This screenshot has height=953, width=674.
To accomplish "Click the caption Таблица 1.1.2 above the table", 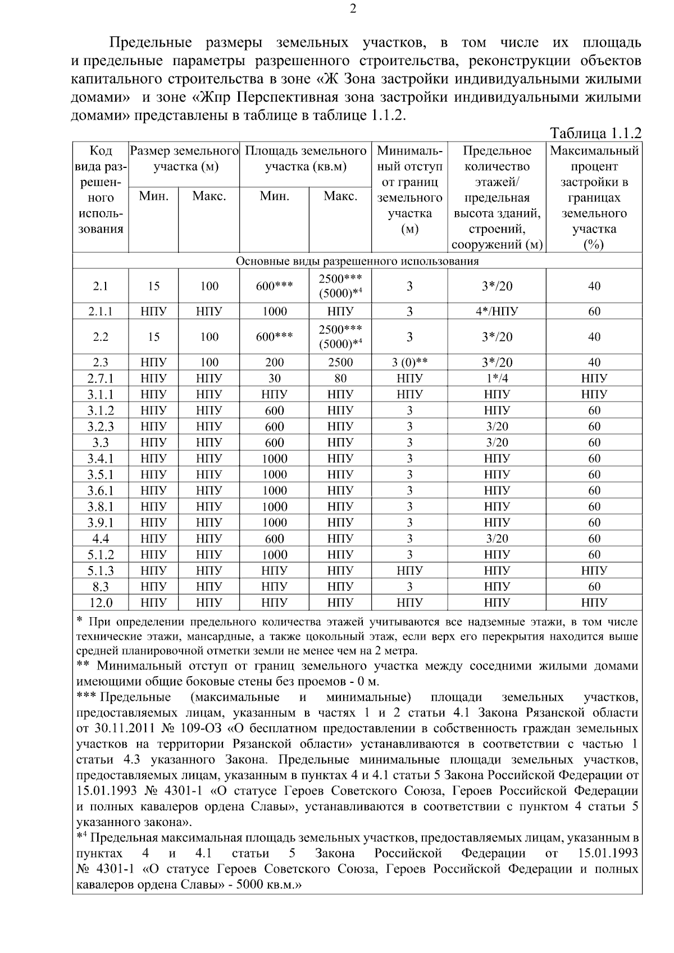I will [595, 133].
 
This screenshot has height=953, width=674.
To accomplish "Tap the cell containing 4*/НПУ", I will [497, 312].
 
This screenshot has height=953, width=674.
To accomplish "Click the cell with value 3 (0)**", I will [409, 362].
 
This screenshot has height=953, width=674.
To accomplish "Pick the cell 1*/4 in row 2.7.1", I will [497, 379].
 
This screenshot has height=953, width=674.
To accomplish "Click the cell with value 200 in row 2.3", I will [274, 362].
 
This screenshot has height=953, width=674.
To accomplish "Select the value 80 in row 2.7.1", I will [340, 379].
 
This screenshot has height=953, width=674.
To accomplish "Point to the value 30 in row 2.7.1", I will [274, 379].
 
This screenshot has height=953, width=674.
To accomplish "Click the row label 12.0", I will [101, 603].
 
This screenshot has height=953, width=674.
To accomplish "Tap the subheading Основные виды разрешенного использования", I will [357, 261].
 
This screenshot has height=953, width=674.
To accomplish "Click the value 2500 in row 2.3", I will [340, 362].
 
